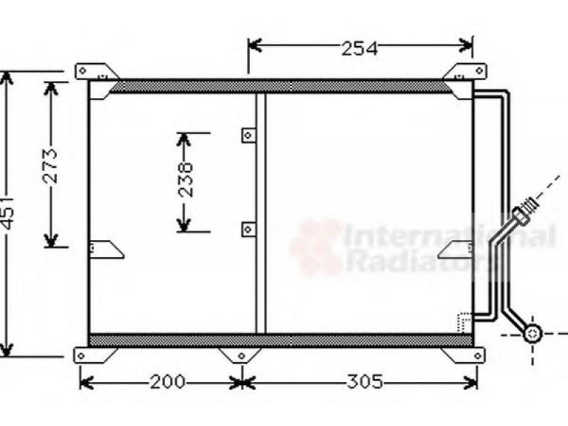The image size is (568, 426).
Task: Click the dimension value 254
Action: [x=359, y=48]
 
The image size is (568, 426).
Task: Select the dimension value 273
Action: [x=50, y=165]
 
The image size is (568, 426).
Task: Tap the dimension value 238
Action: [x=186, y=180]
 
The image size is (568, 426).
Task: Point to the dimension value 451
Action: [x=7, y=214]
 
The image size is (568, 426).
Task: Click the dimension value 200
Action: [x=168, y=382]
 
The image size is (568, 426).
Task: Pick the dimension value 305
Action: [x=365, y=382]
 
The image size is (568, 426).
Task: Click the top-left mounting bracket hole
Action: [x=82, y=70]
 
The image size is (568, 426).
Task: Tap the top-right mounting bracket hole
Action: [x=479, y=70]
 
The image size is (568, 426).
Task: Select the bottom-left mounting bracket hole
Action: [x=81, y=356]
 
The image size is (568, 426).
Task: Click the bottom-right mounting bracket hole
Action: [x=478, y=356]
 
